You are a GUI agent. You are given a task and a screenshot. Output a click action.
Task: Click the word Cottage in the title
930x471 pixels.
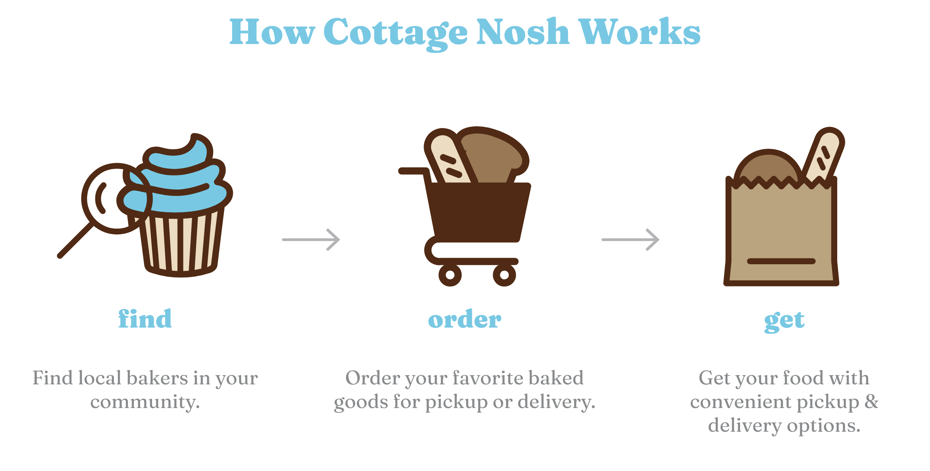pyautogui.click(x=396, y=33)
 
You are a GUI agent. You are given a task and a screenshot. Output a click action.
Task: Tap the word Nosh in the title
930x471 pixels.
pyautogui.click(x=523, y=32)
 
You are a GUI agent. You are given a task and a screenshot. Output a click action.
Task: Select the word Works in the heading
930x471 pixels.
pyautogui.click(x=639, y=32)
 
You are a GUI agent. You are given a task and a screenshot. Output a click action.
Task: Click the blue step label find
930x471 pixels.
pyautogui.click(x=145, y=318)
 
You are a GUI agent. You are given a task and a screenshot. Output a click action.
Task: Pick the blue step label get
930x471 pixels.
pyautogui.click(x=784, y=321)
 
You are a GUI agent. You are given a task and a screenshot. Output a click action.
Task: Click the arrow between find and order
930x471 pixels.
pyautogui.click(x=311, y=240)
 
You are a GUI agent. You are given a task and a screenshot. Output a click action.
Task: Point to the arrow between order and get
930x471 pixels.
pyautogui.click(x=631, y=240)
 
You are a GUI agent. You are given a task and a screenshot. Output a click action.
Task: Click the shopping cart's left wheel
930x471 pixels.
pyautogui.click(x=450, y=275)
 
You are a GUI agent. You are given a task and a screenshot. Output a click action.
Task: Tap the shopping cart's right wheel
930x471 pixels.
pyautogui.click(x=504, y=275)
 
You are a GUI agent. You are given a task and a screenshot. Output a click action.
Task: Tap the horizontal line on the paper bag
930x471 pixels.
pyautogui.click(x=781, y=261)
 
